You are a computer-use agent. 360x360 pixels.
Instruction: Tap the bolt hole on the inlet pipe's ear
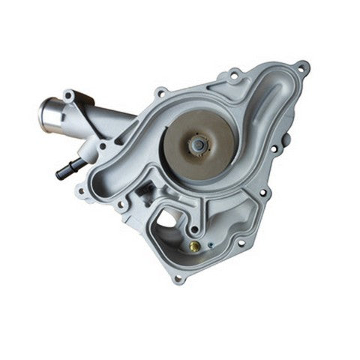pos(68,96)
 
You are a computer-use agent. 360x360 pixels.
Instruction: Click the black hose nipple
pos(65,170)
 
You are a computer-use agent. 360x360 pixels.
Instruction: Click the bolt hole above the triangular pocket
pos(235,74)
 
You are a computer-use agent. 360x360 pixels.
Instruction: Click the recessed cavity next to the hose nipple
pos(105,184)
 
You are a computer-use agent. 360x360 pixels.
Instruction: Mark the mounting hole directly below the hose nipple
pos(81,190)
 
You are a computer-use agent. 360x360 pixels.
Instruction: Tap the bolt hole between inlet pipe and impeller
pos(160,93)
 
